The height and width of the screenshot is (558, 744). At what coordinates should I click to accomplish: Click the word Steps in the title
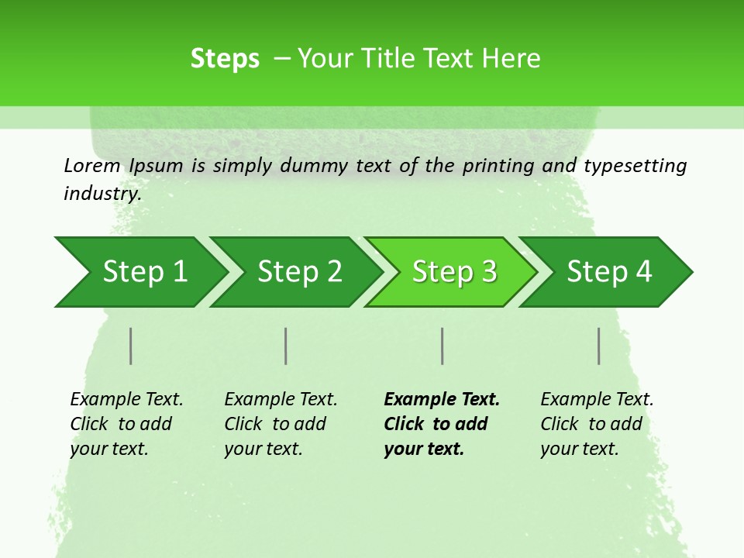click(225, 59)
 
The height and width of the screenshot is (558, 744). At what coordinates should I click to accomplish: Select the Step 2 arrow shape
click(299, 272)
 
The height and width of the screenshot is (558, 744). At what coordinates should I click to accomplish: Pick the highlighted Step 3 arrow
click(454, 272)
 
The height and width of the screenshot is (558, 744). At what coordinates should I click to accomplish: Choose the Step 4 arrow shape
click(609, 272)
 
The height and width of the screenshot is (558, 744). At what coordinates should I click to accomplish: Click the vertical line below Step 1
click(131, 346)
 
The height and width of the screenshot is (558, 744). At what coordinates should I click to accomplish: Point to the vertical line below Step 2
click(286, 346)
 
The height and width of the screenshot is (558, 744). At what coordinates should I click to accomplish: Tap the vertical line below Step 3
click(442, 346)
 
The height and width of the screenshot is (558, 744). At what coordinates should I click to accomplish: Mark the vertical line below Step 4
click(599, 346)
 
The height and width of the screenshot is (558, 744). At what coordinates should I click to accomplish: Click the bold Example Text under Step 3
click(442, 400)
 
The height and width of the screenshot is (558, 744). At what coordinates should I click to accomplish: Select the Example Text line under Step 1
click(126, 400)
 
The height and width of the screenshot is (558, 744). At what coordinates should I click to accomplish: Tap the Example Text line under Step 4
click(597, 400)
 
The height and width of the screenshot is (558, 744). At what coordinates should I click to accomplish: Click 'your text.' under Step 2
click(263, 449)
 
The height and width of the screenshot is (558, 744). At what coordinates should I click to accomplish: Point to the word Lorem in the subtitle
click(92, 166)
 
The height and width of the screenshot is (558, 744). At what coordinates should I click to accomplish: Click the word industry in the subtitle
click(101, 194)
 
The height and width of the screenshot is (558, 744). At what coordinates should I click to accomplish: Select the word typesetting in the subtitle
click(635, 166)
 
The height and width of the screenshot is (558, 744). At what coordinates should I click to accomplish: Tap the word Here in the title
click(512, 59)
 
